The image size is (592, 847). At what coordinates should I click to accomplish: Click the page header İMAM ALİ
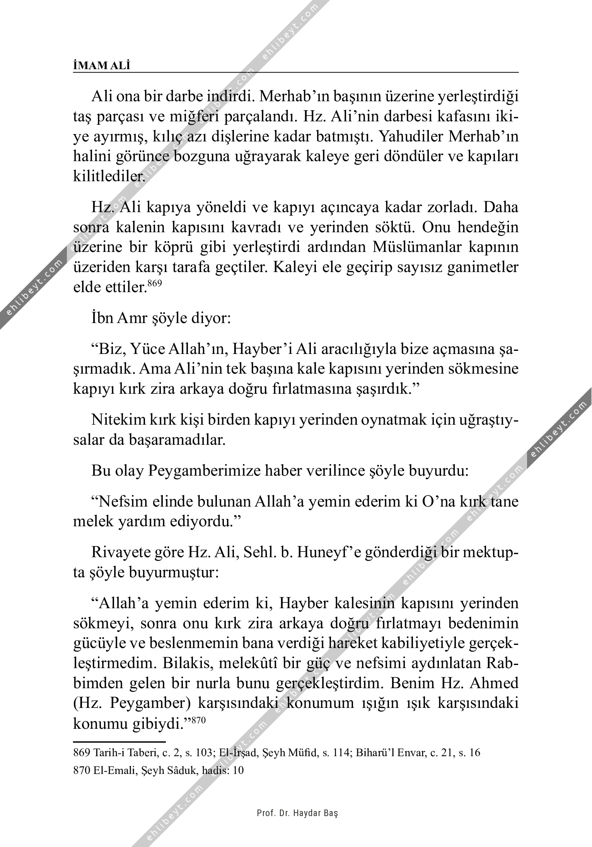(x=102, y=66)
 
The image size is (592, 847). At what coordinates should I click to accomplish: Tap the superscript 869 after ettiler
(x=155, y=283)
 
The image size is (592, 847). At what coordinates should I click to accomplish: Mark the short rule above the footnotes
(x=119, y=742)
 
